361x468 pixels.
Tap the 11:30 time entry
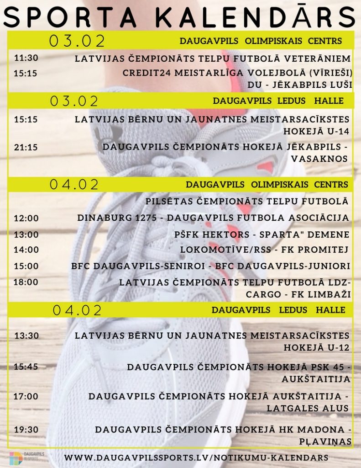pyautogui.click(x=26, y=58)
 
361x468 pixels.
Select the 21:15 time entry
pyautogui.click(x=26, y=147)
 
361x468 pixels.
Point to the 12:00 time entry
pyautogui.click(x=26, y=218)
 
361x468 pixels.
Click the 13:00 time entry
pyautogui.click(x=26, y=234)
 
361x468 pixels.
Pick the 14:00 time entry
pyautogui.click(x=26, y=250)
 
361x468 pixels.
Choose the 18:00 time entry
pyautogui.click(x=26, y=282)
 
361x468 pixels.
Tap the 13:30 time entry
pyautogui.click(x=26, y=336)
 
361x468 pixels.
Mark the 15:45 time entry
pyautogui.click(x=26, y=367)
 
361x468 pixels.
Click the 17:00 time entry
pyautogui.click(x=26, y=396)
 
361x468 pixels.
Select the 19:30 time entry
pyautogui.click(x=26, y=430)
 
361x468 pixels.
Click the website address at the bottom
pyautogui.click(x=196, y=457)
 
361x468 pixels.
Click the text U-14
pyautogui.click(x=335, y=131)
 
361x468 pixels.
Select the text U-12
pyautogui.click(x=335, y=347)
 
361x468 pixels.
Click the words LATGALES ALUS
pyautogui.click(x=308, y=408)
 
